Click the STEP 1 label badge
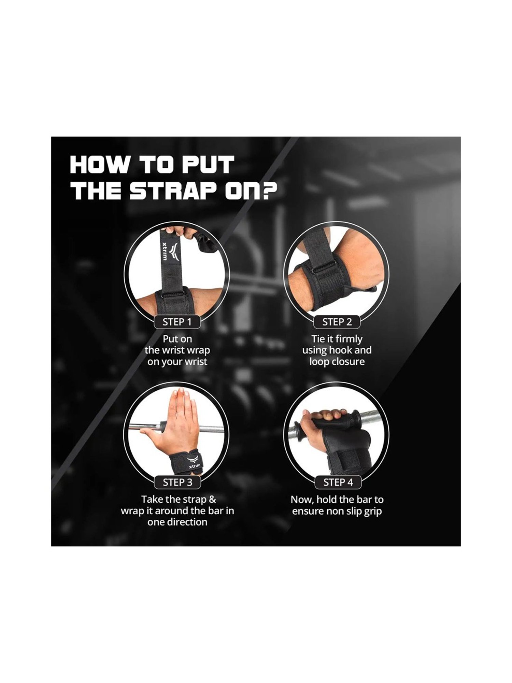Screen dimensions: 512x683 (177, 322)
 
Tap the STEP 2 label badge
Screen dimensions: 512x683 (337, 322)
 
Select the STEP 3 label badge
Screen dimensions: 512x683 (177, 482)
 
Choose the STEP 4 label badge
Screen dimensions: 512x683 (338, 482)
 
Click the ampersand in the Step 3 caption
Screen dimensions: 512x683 (212, 499)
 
